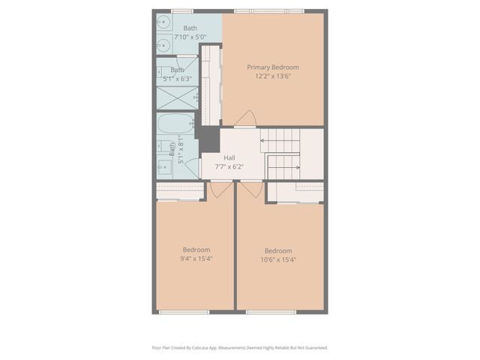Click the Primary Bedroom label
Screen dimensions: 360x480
[x=273, y=67]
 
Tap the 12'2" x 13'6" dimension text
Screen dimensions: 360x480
[x=273, y=76]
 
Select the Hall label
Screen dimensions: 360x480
[x=229, y=158]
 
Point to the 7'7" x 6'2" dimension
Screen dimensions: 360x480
[x=229, y=166]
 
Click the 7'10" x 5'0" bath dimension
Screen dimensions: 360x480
[x=190, y=37]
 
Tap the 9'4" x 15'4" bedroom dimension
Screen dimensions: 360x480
[x=196, y=259]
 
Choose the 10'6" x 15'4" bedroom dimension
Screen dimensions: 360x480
[x=278, y=259]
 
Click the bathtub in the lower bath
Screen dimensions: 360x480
[x=177, y=122]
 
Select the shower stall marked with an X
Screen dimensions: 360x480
[x=177, y=98]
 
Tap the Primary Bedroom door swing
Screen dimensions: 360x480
[x=246, y=119]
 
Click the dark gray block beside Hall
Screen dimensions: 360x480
[x=208, y=139]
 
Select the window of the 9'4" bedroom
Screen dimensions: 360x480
[x=189, y=311]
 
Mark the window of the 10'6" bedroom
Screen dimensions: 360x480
[x=271, y=311]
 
